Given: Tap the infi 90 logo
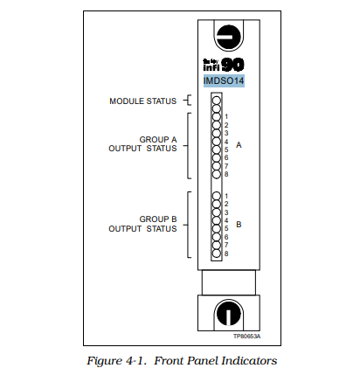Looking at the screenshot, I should [226, 65].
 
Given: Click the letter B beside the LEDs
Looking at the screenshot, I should [239, 225].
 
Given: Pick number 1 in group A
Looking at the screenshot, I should [226, 116].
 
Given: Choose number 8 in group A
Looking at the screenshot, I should [226, 175].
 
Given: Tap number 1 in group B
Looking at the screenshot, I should [226, 196].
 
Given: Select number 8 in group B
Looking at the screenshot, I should [226, 254].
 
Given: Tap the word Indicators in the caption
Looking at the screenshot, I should [250, 359].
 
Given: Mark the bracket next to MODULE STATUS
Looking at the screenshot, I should [186, 101].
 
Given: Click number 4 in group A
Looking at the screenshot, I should [226, 142].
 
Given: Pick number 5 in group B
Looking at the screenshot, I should [226, 229].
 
